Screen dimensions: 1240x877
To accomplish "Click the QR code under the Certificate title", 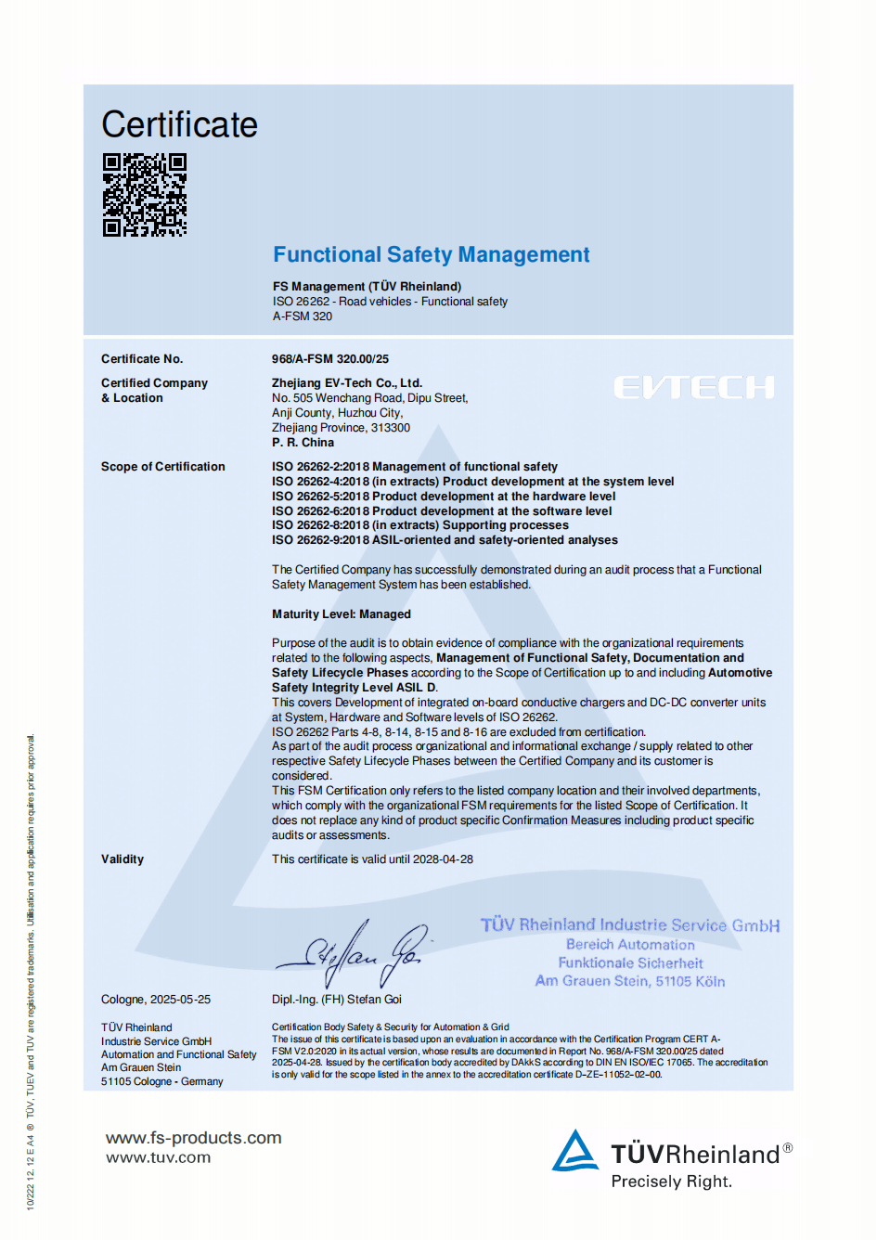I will point(144,195).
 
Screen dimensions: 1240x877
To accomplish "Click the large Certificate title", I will point(179,125).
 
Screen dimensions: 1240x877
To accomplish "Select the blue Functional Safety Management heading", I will point(431,255).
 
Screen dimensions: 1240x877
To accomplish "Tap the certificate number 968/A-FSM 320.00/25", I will point(330,359).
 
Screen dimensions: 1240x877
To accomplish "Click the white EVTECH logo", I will point(694,387).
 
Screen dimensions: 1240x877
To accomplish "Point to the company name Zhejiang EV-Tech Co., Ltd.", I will point(347,382).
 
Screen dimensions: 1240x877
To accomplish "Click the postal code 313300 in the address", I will point(391,428).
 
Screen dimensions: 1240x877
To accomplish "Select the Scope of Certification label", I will point(163,467).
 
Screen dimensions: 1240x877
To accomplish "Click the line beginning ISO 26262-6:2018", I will point(442,511).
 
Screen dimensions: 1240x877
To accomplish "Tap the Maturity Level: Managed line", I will point(342,614).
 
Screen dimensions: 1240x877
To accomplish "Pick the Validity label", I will point(123,859).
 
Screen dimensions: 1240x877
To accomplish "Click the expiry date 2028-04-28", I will point(443,859).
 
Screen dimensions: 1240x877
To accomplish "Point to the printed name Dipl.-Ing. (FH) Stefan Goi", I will point(337,1000).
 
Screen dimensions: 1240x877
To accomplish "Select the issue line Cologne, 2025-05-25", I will point(156,1000).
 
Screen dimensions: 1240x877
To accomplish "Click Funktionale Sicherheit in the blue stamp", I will point(630,963).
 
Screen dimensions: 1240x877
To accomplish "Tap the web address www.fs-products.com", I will point(194,1138).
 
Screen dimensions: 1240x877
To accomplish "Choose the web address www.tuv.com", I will point(159,1158).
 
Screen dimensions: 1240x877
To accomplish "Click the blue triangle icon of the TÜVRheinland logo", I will point(575,1152).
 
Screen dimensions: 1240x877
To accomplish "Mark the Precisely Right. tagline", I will point(671,1182).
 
